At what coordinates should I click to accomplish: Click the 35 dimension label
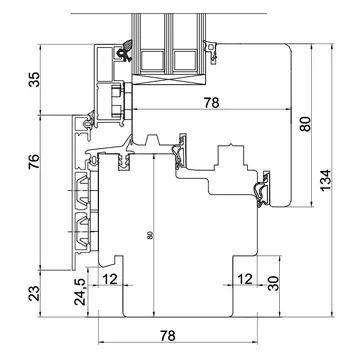tap(34, 79)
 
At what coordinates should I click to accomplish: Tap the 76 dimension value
tap(34, 161)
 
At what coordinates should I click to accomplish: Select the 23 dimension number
tap(34, 293)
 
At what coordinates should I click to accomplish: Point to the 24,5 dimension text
tap(81, 292)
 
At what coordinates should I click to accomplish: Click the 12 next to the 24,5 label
tap(110, 279)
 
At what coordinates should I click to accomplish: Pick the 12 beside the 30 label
tap(245, 279)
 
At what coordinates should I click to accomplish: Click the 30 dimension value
tap(273, 283)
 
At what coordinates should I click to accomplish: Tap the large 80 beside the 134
tap(305, 124)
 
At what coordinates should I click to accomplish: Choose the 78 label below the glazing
tap(212, 103)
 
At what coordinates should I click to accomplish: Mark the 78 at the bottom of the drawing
tap(167, 336)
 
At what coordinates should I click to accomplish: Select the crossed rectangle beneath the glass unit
tap(170, 79)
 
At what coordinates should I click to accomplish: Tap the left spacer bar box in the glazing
tap(152, 60)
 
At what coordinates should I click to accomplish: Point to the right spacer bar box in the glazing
tap(185, 60)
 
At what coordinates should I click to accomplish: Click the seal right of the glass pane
tap(212, 50)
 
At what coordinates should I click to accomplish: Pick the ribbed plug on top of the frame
tap(124, 162)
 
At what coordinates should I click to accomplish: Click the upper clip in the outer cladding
tap(82, 189)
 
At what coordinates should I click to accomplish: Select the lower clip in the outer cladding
tap(82, 230)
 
